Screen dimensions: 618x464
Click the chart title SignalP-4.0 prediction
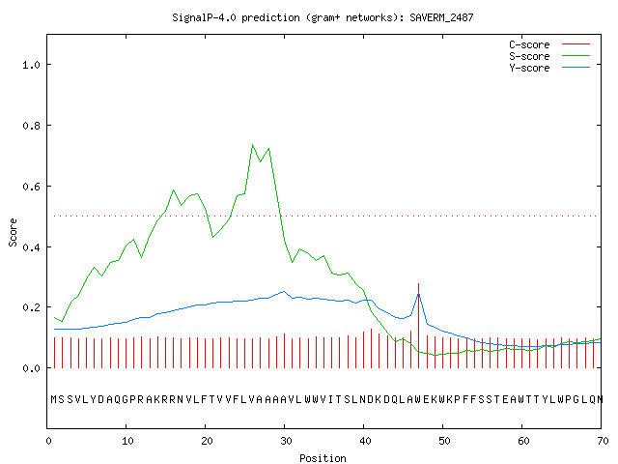click(x=236, y=17)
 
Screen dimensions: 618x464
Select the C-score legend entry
click(x=549, y=44)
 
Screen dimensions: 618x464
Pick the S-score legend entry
click(x=549, y=56)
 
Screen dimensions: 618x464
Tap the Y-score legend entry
click(x=549, y=68)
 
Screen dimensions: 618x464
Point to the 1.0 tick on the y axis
click(x=31, y=65)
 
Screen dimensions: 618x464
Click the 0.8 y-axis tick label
click(x=31, y=126)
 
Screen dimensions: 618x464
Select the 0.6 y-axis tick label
click(x=31, y=187)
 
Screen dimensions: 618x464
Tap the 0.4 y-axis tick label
click(x=31, y=247)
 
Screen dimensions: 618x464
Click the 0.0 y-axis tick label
click(x=31, y=368)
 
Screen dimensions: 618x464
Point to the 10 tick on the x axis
click(x=127, y=441)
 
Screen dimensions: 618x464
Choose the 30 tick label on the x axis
click(x=286, y=441)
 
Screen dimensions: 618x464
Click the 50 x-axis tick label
click(x=444, y=441)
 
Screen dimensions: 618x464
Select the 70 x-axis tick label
click(x=603, y=441)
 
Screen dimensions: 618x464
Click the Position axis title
click(x=323, y=458)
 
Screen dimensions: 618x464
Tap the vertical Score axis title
click(x=13, y=232)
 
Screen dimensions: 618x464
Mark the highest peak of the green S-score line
click(x=253, y=145)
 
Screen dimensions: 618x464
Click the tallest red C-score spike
click(x=418, y=326)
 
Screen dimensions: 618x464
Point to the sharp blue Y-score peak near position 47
click(x=418, y=294)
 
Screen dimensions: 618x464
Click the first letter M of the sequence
click(x=54, y=399)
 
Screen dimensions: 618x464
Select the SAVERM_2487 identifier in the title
click(x=441, y=17)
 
